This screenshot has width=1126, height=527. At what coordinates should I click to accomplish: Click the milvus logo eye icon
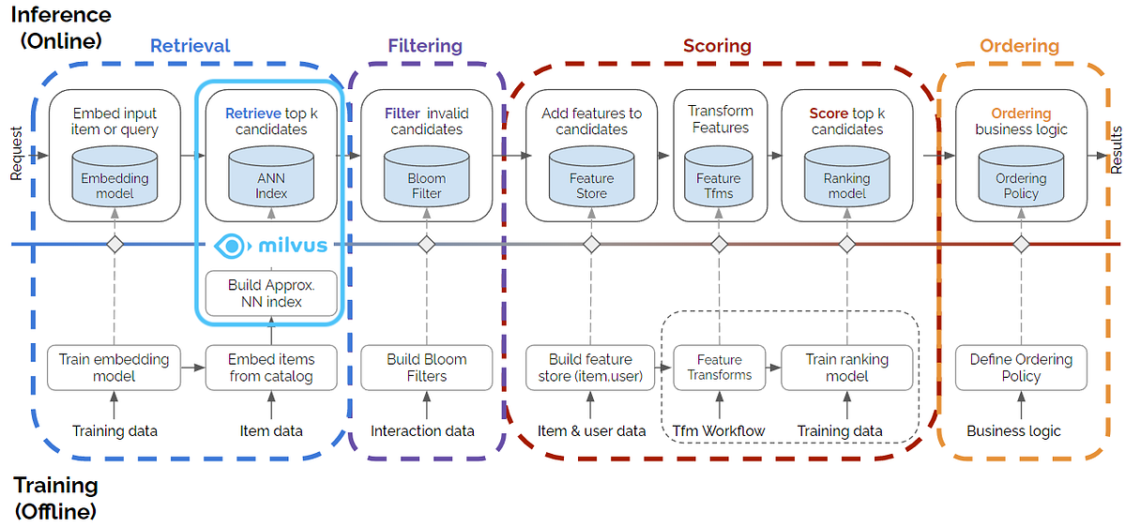pyautogui.click(x=229, y=246)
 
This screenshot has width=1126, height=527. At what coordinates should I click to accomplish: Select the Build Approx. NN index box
pyautogui.click(x=271, y=294)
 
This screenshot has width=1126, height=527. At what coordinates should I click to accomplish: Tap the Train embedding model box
pyautogui.click(x=114, y=368)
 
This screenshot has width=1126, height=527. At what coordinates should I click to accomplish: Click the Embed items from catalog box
pyautogui.click(x=271, y=368)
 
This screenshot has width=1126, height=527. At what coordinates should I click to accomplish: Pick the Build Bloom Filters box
pyautogui.click(x=426, y=368)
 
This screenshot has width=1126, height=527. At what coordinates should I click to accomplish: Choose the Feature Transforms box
pyautogui.click(x=720, y=368)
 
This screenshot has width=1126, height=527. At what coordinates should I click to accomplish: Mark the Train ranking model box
pyautogui.click(x=846, y=368)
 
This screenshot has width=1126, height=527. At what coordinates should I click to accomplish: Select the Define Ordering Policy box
pyautogui.click(x=1021, y=368)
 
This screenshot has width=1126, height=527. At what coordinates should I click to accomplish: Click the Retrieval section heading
pyautogui.click(x=190, y=45)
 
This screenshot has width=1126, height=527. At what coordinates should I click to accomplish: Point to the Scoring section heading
pyautogui.click(x=717, y=45)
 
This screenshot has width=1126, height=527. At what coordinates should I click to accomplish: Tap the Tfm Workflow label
pyautogui.click(x=719, y=431)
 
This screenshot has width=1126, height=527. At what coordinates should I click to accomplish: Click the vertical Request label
pyautogui.click(x=15, y=152)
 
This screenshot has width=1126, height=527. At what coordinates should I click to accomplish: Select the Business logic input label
pyautogui.click(x=1013, y=431)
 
